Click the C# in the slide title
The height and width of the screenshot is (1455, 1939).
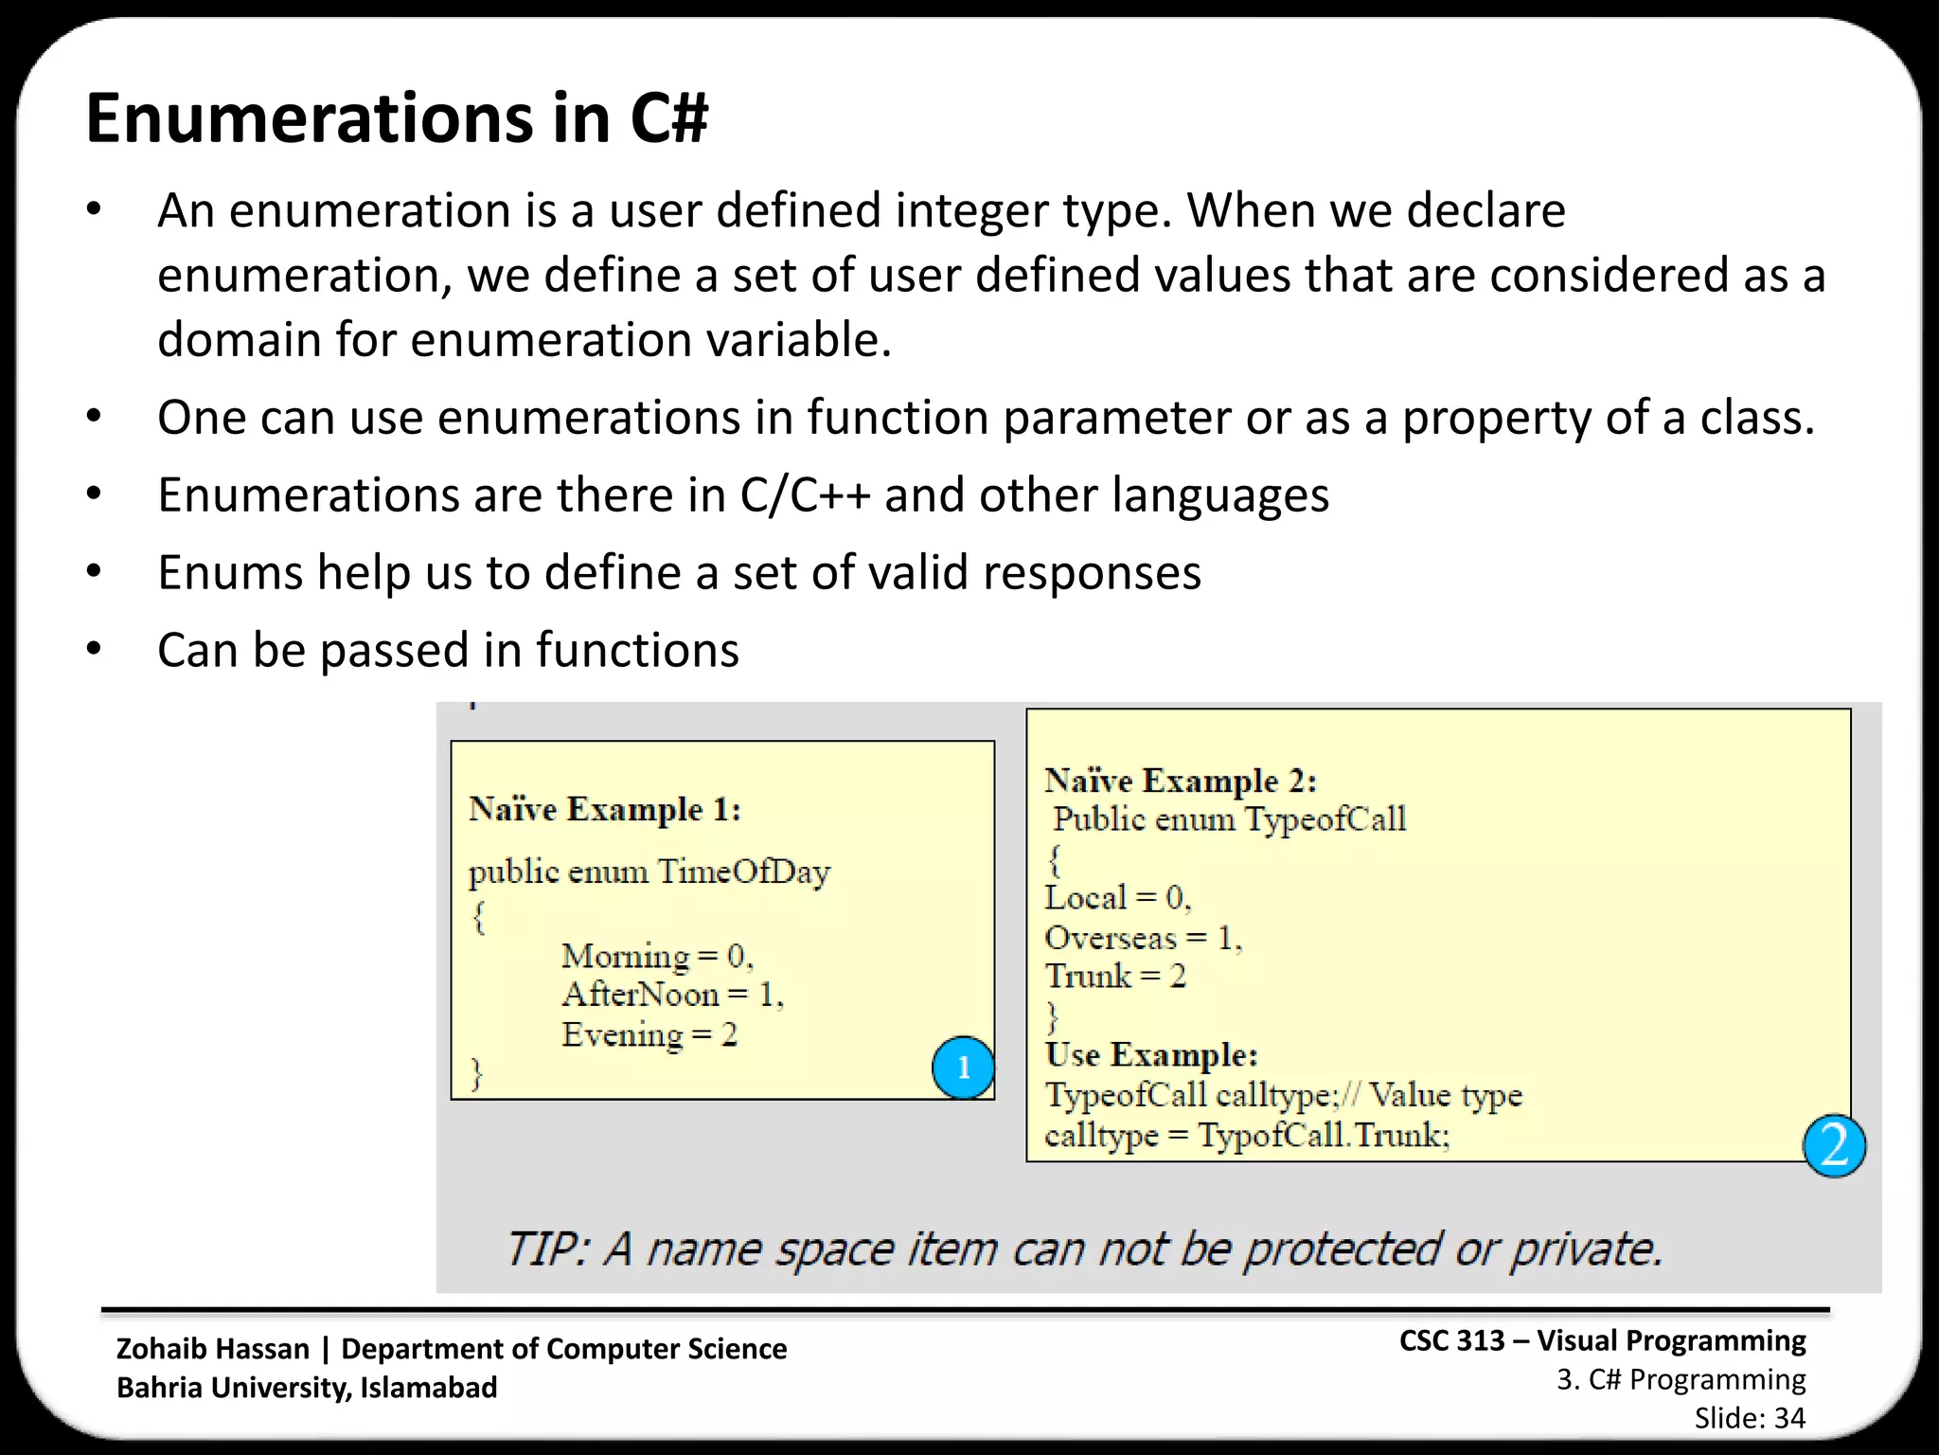pos(668,119)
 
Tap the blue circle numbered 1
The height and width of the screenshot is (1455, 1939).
pos(963,1068)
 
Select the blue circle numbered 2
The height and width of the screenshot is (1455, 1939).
pos(1834,1146)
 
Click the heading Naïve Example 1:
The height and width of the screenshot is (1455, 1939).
pos(605,810)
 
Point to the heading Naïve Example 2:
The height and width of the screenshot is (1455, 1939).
pos(1181,781)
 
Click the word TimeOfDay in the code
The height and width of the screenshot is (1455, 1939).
pos(743,871)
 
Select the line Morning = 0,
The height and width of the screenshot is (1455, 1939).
pos(657,956)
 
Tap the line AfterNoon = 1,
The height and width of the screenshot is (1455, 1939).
pos(672,995)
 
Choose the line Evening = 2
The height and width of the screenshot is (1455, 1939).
pos(649,1034)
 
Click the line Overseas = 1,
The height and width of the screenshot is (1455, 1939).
pos(1143,938)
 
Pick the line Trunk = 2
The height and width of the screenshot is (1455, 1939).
pos(1115,977)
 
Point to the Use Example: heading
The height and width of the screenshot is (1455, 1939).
pos(1151,1055)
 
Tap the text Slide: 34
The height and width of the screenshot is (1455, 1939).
pos(1750,1418)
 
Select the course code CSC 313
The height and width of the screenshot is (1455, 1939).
pos(1451,1340)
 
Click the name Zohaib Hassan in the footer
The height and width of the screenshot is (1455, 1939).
pos(213,1349)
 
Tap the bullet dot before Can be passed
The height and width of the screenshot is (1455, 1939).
pos(93,650)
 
